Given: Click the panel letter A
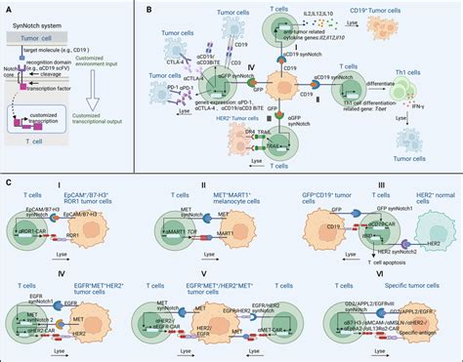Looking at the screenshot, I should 9,9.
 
